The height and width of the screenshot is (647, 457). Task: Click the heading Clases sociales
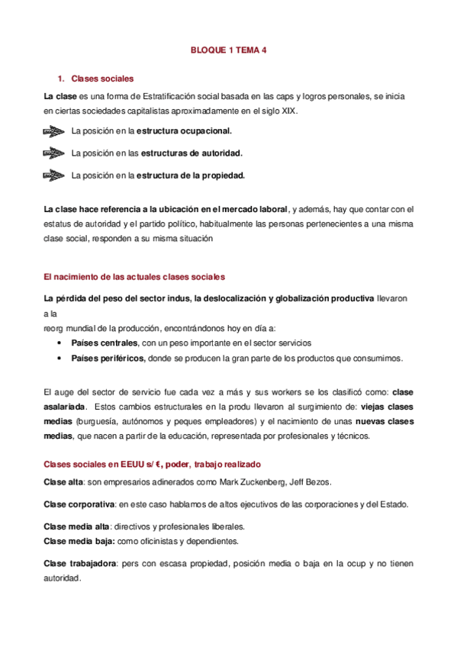pos(102,79)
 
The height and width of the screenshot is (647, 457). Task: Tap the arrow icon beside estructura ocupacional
pos(54,130)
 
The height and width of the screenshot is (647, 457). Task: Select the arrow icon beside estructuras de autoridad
pos(54,153)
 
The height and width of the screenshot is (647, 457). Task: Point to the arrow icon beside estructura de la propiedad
pos(54,175)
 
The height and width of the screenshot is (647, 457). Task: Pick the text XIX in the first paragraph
pos(289,111)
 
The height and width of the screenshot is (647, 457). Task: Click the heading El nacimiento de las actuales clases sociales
pos(134,276)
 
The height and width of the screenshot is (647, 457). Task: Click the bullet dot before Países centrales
pos(60,343)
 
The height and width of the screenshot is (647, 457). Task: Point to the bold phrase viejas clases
pos(386,407)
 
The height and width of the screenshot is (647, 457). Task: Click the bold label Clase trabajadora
pos(80,563)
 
